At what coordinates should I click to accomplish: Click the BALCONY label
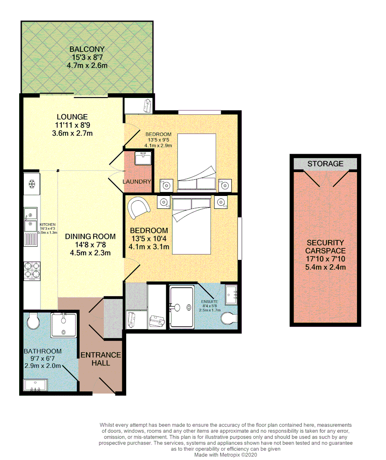[87, 49]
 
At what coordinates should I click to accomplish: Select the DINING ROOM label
[90, 236]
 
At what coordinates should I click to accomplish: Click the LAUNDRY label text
[137, 181]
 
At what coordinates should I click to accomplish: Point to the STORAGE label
[325, 164]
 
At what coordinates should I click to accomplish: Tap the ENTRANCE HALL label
[101, 359]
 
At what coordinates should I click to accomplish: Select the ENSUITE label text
[210, 302]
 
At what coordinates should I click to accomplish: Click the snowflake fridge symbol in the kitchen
[31, 184]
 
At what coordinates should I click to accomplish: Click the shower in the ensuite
[181, 307]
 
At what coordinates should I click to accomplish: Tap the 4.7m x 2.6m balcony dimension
[87, 66]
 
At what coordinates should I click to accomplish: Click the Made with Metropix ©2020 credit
[225, 454]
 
